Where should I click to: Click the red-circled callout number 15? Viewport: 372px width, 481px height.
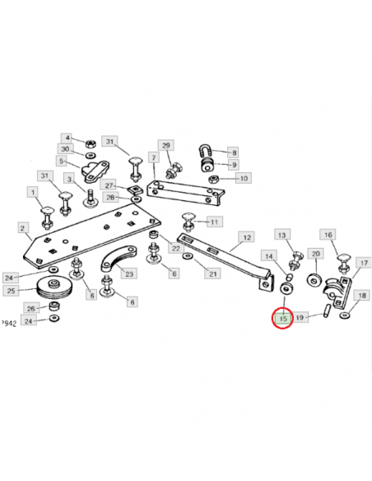(283, 318)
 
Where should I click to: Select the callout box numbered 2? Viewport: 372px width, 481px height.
(22, 228)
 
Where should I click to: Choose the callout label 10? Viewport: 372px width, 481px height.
(244, 178)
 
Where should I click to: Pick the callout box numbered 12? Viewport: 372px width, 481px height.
(247, 237)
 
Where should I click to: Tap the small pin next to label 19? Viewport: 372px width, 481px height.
(327, 311)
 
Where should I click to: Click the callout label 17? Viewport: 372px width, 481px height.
(364, 263)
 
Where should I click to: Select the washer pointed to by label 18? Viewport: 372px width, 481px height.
(345, 315)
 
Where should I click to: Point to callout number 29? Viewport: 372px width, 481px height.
(165, 145)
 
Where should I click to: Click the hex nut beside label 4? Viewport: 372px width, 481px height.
(90, 143)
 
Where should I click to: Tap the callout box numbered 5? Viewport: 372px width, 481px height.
(61, 161)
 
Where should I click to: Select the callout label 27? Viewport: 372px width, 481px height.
(109, 185)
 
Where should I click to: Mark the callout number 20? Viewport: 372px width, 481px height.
(315, 254)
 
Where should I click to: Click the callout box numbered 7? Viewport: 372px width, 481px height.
(154, 157)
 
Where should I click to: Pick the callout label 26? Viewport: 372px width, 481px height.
(31, 308)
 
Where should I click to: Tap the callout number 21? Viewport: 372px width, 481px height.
(212, 273)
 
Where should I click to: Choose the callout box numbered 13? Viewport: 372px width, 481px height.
(281, 235)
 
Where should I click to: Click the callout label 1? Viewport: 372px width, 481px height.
(33, 193)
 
